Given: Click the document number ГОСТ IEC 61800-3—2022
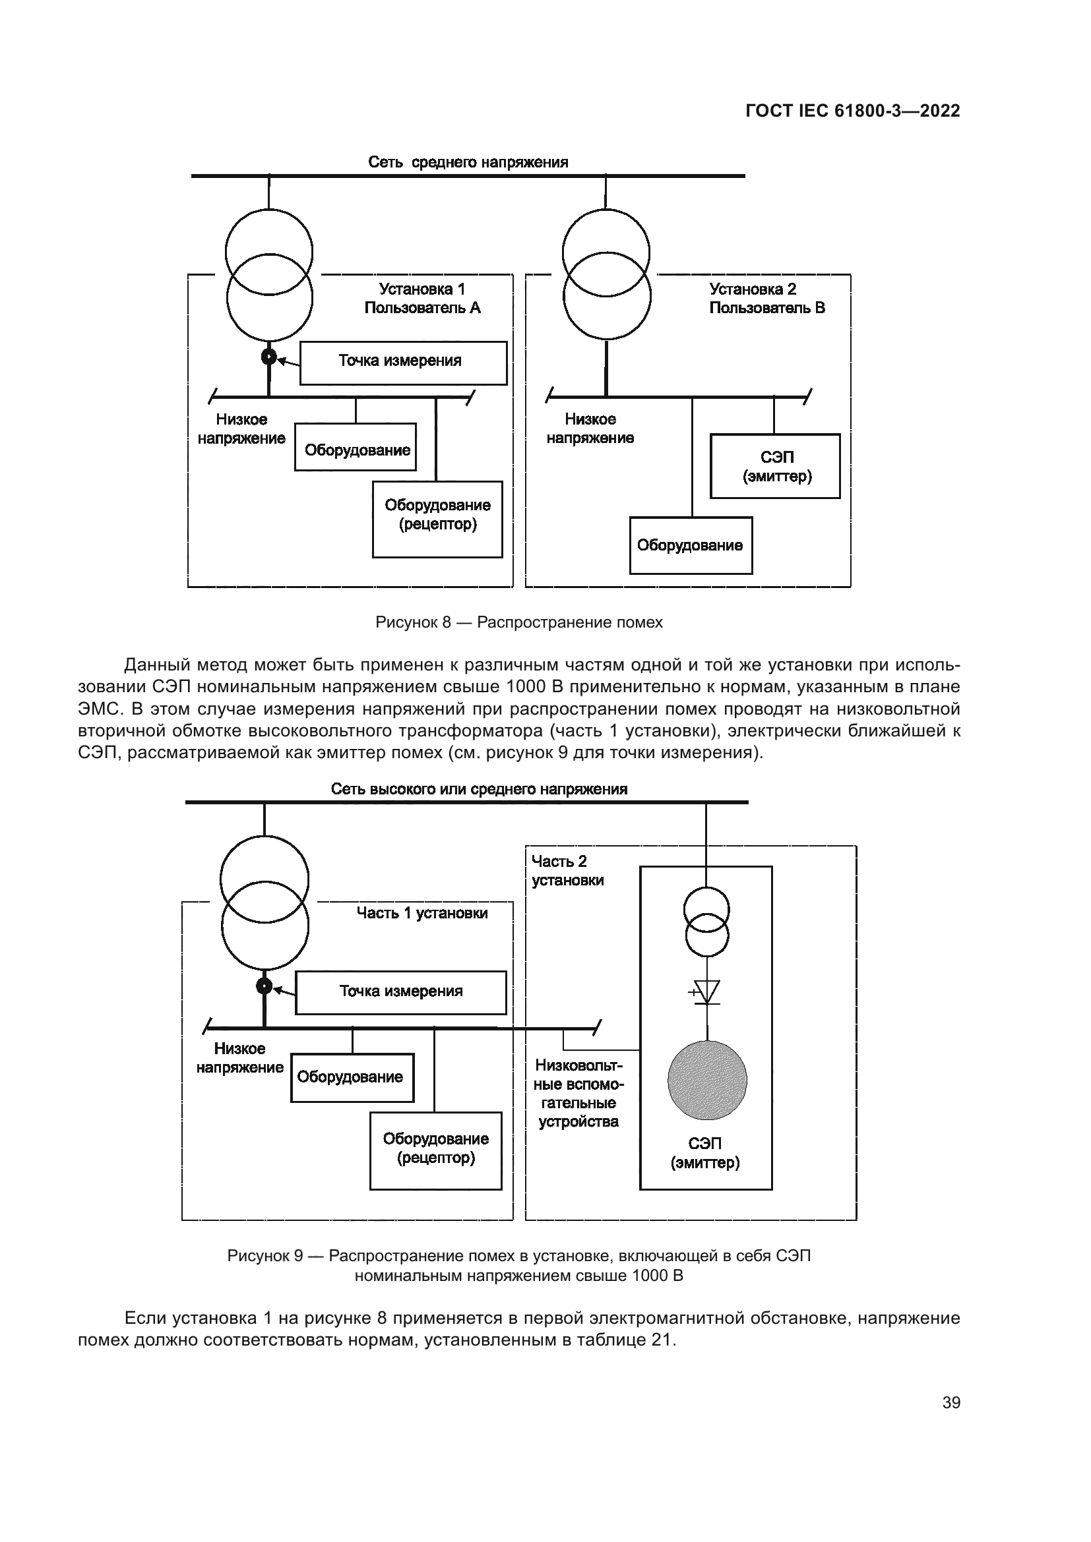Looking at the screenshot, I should (x=852, y=111).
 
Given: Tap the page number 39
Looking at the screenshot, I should (x=951, y=1403).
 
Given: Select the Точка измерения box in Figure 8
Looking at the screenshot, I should (x=403, y=363).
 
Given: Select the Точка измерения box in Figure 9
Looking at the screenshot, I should (x=400, y=992).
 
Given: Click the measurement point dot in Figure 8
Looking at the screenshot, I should (x=268, y=357).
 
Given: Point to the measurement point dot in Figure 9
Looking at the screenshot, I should (x=265, y=986).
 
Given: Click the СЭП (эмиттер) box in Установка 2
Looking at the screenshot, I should (x=775, y=466).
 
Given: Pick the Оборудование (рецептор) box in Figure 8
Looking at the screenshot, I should (x=437, y=519).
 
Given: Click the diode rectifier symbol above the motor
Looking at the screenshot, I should (x=706, y=992).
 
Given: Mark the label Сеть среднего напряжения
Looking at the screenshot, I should (x=468, y=162).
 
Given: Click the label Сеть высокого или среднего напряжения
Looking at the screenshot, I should (x=479, y=789).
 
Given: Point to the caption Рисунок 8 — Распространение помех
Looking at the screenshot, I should (x=518, y=622).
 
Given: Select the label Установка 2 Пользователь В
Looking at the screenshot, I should (x=767, y=299).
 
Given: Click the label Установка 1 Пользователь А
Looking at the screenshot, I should (x=423, y=299).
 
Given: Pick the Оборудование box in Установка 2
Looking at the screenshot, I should (x=691, y=545).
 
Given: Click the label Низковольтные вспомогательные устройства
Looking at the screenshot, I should (x=579, y=1093).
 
